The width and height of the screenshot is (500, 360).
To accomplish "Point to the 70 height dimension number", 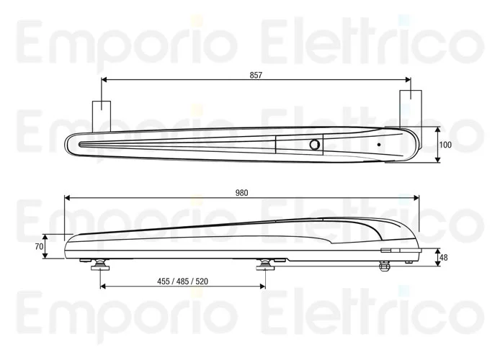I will pyautogui.click(x=40, y=246).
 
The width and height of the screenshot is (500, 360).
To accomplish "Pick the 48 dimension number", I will pyautogui.click(x=444, y=257).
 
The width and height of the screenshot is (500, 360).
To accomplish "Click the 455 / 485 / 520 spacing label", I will pyautogui.click(x=184, y=282).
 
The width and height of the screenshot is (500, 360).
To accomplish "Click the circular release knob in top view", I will pyautogui.click(x=314, y=144).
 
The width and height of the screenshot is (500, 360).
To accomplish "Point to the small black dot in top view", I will pyautogui.click(x=378, y=144).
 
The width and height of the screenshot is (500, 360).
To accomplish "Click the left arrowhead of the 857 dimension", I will pyautogui.click(x=104, y=79).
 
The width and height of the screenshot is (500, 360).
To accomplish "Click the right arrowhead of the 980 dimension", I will pyautogui.click(x=416, y=197).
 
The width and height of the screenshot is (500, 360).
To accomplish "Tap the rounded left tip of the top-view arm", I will pyautogui.click(x=68, y=144).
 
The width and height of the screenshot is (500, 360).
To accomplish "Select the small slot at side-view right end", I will pyautogui.click(x=385, y=251).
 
